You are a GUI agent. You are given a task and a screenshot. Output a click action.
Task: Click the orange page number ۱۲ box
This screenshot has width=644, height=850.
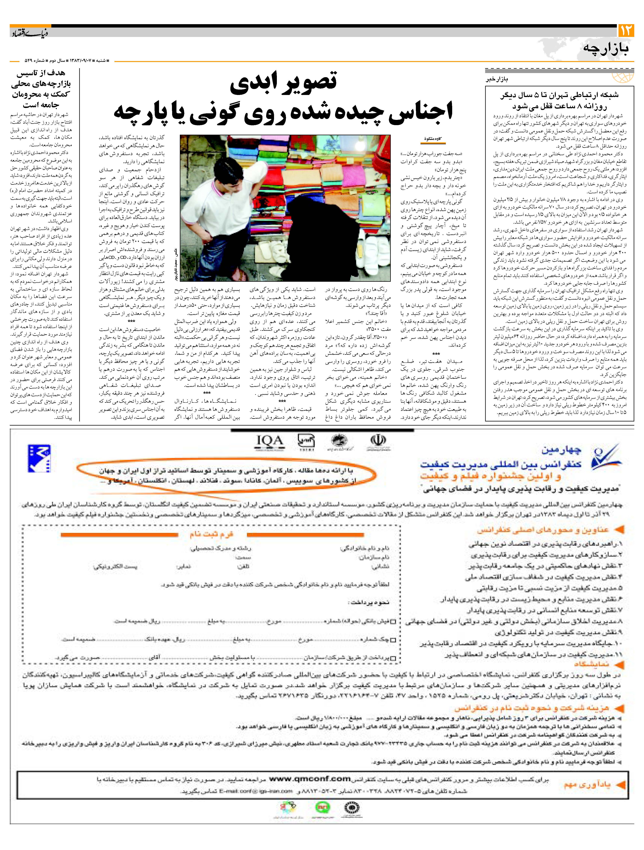(626, 31)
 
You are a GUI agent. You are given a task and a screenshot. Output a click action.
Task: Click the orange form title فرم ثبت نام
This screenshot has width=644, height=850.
(211, 535)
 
